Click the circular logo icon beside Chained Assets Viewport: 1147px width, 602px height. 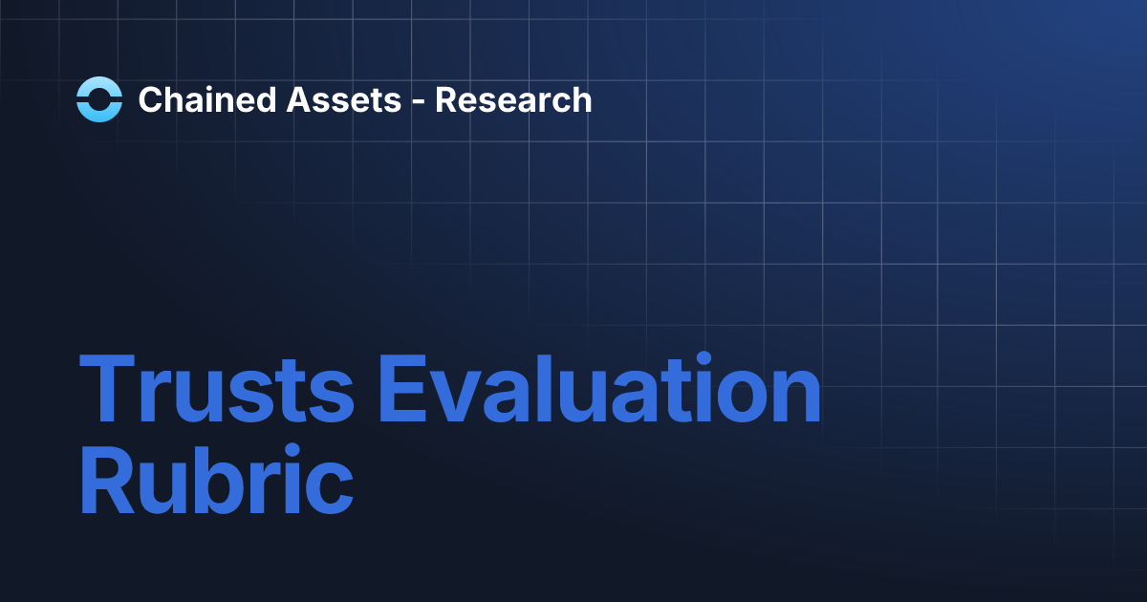99,99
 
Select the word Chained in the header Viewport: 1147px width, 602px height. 195,99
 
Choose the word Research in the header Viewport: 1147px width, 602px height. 513,99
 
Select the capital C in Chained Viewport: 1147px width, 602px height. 149,99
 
